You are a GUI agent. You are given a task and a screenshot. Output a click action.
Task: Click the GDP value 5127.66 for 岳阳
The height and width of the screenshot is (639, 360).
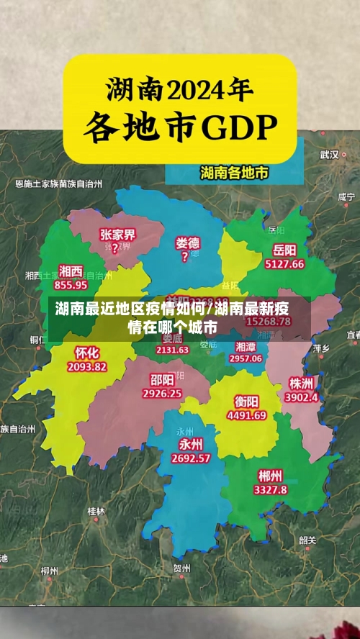pos(284,264)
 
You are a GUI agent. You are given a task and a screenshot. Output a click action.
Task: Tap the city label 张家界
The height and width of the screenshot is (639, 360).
pos(118,235)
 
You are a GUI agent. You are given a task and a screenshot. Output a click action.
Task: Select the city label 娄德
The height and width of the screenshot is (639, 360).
pos(188,243)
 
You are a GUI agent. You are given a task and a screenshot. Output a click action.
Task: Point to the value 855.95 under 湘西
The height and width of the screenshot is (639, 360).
pos(70,284)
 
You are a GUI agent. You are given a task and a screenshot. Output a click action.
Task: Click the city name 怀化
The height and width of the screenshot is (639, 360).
pos(86,353)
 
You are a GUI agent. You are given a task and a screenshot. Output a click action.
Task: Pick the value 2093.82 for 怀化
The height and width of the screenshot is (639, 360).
pos(86,366)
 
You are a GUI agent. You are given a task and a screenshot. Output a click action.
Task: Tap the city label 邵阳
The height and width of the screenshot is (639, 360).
pos(162,379)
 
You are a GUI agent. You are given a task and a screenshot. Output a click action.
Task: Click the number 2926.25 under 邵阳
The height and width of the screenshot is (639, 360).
pos(162,394)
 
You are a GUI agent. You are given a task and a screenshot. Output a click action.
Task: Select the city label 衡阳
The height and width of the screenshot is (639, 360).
pos(246,401)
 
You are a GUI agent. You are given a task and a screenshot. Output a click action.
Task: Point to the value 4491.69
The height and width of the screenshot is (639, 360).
pos(246,414)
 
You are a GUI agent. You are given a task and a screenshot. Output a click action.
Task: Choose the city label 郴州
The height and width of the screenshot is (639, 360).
pos(270,476)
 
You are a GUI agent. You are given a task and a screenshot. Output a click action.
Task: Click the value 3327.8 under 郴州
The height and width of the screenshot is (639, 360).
pos(270,489)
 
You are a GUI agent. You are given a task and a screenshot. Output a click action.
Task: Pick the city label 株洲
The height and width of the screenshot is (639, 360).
pos(300,382)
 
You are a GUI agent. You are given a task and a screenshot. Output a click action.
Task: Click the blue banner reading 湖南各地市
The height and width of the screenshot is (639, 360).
pos(233,173)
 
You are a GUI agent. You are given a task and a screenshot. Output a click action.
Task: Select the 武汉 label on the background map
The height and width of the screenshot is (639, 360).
pos(330,154)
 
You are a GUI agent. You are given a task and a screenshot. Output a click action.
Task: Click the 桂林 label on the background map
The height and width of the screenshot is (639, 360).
pos(96,511)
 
